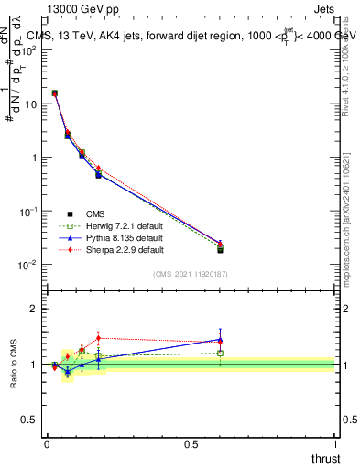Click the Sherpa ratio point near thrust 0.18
click(x=98, y=338)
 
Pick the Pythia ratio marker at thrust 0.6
click(x=220, y=340)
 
